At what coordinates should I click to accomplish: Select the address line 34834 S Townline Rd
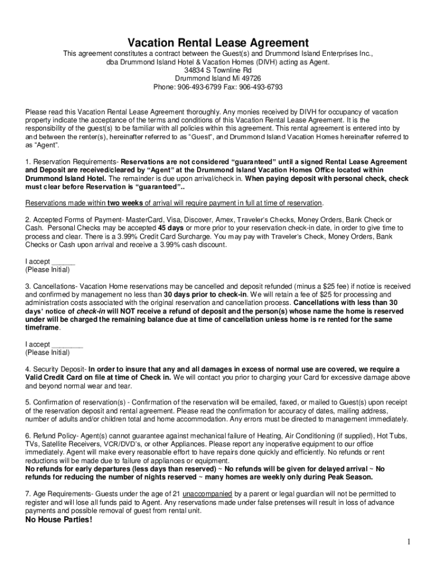click(x=215, y=70)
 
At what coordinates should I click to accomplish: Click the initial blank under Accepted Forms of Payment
click(x=63, y=261)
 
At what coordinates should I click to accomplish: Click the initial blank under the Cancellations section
click(x=67, y=344)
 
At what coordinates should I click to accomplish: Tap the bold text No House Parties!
click(x=59, y=520)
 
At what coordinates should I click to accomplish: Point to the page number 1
click(x=409, y=542)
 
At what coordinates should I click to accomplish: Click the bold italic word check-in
click(x=89, y=311)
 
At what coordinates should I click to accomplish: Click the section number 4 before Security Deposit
click(x=27, y=369)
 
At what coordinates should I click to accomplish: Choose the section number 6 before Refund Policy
click(x=27, y=436)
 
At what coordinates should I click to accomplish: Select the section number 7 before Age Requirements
click(x=27, y=494)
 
